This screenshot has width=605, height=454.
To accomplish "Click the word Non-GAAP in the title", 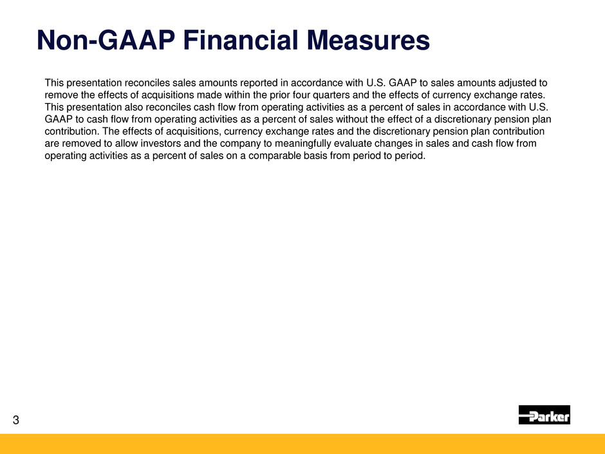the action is coord(106,40).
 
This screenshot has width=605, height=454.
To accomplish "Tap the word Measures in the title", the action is coord(368,40).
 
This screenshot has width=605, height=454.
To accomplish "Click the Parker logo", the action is coord(544,415).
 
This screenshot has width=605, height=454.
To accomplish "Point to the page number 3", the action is coord(16,420).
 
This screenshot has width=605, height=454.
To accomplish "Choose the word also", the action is coord(133,107).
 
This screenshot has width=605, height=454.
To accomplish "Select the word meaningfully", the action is coord(302,144).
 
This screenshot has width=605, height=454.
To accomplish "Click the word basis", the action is coord(315,156).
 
